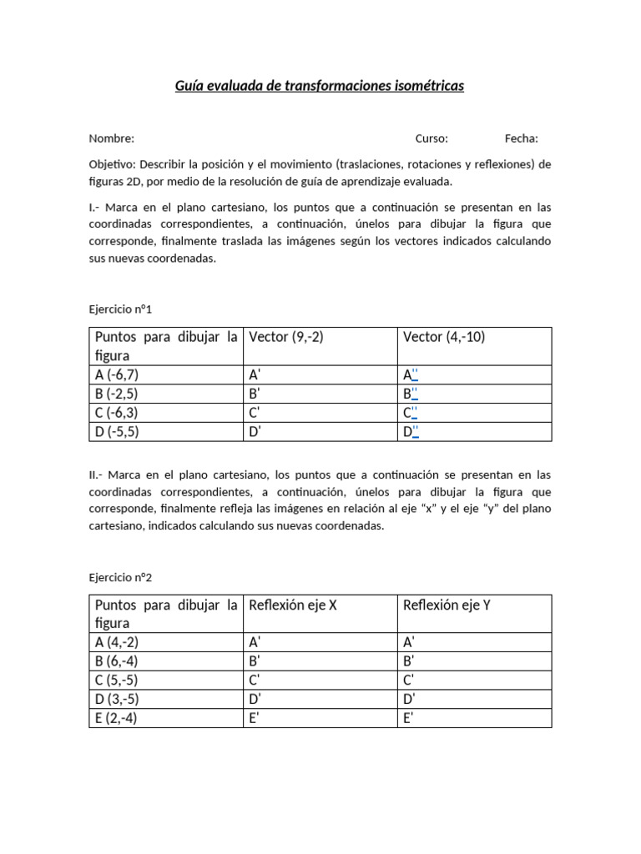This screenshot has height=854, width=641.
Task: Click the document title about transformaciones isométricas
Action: tap(320, 86)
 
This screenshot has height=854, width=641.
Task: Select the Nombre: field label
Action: tap(112, 138)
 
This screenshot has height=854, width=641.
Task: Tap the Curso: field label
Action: tap(432, 138)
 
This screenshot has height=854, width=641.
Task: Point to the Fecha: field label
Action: tap(521, 138)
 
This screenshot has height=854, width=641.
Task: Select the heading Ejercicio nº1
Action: tap(121, 309)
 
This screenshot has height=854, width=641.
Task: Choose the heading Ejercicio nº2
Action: tap(121, 576)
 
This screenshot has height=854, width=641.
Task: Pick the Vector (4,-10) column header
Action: tap(444, 337)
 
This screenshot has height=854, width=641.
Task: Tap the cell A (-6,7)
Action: tap(117, 375)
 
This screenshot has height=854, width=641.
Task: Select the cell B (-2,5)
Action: tap(117, 394)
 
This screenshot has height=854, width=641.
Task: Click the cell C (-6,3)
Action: tap(117, 413)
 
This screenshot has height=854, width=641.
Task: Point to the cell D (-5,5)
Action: tap(117, 432)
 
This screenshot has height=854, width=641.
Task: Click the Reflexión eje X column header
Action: tap(293, 605)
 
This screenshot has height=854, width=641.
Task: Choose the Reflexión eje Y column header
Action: tap(447, 605)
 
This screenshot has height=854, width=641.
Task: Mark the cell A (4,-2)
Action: tap(117, 642)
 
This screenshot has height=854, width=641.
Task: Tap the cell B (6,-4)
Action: tap(117, 661)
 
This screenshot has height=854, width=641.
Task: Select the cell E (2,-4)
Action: tap(117, 718)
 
